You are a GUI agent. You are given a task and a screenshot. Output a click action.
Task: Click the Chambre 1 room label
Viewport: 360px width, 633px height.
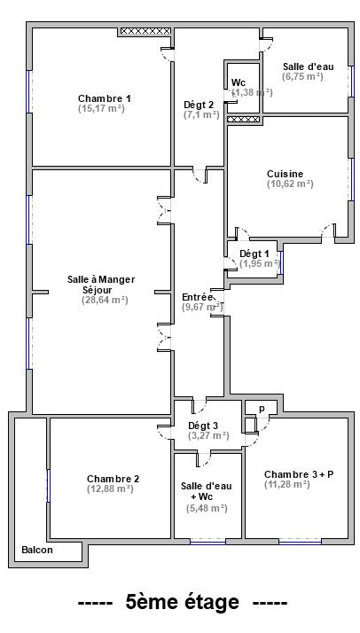pos(104,98)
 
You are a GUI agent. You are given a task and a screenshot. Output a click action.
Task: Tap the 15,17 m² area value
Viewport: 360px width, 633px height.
pos(101,108)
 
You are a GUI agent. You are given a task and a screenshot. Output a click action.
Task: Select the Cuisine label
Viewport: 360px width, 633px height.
pos(285,174)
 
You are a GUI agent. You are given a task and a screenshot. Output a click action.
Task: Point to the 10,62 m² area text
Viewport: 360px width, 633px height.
pos(290,184)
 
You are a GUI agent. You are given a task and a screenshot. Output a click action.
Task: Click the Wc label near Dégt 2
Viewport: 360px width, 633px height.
pos(239,82)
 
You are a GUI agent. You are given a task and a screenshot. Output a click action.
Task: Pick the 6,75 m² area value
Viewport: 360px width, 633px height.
pos(302,76)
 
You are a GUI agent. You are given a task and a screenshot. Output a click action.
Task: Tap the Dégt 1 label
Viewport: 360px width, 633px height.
pos(254,254)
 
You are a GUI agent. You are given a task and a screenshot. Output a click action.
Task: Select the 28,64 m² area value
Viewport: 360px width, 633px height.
pos(105,300)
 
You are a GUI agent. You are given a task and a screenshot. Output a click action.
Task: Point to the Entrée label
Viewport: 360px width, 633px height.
pos(198,297)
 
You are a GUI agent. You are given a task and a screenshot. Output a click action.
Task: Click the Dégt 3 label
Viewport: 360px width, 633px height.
pos(203,426)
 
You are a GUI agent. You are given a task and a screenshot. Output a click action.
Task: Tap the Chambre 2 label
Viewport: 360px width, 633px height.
pos(113,479)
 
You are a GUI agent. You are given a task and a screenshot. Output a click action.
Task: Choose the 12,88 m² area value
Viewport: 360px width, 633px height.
pos(110,488)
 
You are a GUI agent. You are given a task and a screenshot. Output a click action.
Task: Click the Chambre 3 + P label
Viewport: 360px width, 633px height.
pos(299,474)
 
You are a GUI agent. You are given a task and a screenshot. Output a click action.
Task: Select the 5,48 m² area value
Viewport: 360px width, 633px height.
pos(207,509)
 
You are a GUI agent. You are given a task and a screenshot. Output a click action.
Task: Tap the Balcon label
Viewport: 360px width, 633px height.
pos(37,550)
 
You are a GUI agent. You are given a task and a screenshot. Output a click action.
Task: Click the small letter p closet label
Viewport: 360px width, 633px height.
pos(262,409)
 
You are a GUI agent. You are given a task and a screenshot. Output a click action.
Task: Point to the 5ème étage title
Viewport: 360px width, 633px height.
pos(183,602)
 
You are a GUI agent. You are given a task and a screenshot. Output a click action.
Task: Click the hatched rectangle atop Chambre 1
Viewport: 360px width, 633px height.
pos(145,31)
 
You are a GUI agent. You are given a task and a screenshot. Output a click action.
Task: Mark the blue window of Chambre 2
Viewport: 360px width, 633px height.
pos(49,486)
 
